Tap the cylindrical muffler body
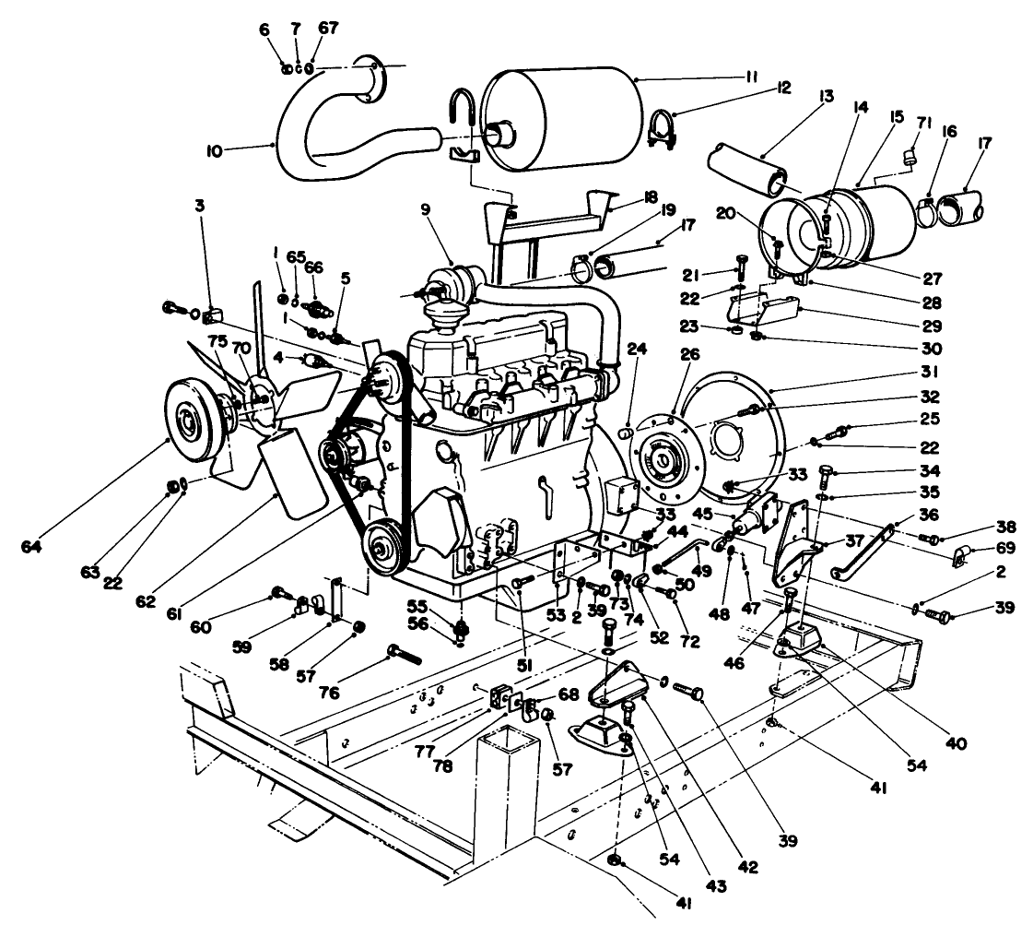coord(562,118)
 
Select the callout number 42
coord(748,867)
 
